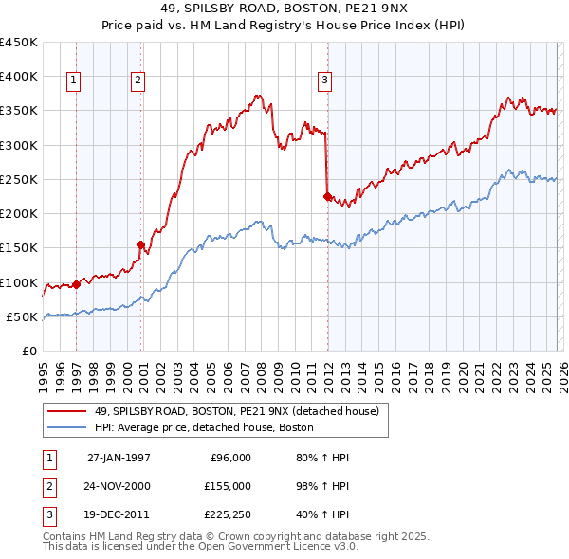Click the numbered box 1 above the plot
[x=73, y=81]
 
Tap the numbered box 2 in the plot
[x=138, y=81]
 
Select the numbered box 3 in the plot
[x=324, y=81]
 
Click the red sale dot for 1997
[x=77, y=284]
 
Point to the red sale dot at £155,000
[x=140, y=244]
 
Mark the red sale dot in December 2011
[x=327, y=196]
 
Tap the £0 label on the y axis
[x=28, y=351]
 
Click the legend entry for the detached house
[x=237, y=411]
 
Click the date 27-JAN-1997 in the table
[x=119, y=458]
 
